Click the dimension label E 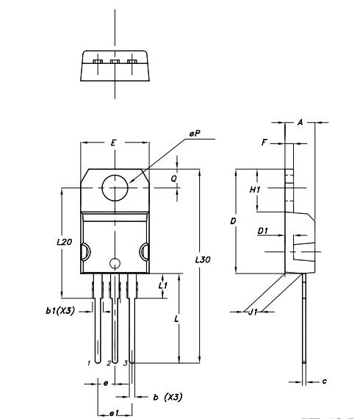coord(112,143)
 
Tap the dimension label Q coord(173,178)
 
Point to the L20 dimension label coord(64,242)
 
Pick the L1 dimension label coord(163,284)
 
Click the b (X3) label coord(168,397)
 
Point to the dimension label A coord(300,123)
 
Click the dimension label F coord(264,143)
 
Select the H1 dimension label coord(256,190)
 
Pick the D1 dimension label coord(262,231)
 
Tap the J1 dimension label coord(252,312)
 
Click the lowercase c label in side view coord(325,381)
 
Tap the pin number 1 coord(88,363)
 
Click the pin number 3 coord(125,363)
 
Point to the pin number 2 coord(108,363)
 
